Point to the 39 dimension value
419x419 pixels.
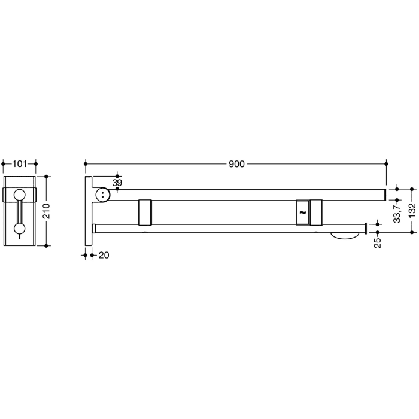117,182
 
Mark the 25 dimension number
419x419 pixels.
378,244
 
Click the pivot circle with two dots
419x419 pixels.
104,195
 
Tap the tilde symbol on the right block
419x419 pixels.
302,212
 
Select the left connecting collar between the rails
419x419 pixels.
145,212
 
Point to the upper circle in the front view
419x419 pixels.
20,194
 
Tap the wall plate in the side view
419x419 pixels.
88,211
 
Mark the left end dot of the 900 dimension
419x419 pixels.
86,163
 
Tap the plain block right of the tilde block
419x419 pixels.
316,212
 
